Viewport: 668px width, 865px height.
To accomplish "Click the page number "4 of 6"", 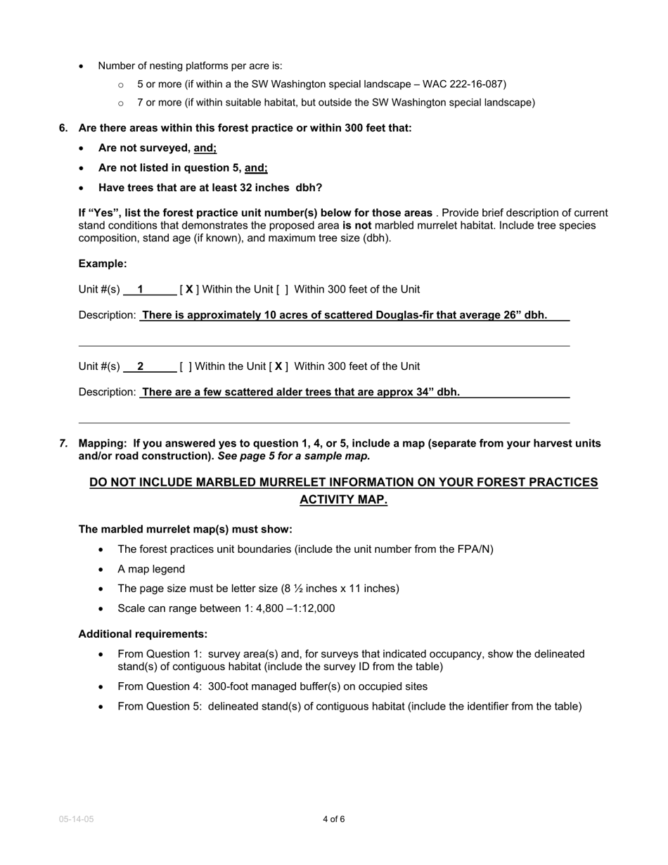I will (x=333, y=819).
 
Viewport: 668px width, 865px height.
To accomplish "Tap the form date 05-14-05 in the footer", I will (x=76, y=819).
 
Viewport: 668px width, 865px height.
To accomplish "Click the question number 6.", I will (x=63, y=128).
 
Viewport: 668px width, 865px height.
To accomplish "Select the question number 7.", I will (x=63, y=443).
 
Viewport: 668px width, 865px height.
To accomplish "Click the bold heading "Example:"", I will (x=103, y=264).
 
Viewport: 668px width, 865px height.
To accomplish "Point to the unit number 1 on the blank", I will (x=141, y=289).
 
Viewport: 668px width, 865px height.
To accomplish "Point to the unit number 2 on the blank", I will (x=141, y=366).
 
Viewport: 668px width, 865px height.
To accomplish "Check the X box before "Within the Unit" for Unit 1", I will (x=189, y=289).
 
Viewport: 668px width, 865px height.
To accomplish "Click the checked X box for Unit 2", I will (x=278, y=366).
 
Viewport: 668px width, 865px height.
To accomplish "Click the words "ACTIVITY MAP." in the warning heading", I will (x=343, y=500).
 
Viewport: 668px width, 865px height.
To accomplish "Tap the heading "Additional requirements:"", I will (x=143, y=634).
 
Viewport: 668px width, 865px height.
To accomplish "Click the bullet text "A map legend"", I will (x=151, y=569).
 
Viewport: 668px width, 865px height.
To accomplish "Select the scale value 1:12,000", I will (x=310, y=608).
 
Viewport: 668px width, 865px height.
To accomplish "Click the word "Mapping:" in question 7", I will (x=103, y=443).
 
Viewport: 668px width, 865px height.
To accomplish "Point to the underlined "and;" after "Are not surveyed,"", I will (x=205, y=148).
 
